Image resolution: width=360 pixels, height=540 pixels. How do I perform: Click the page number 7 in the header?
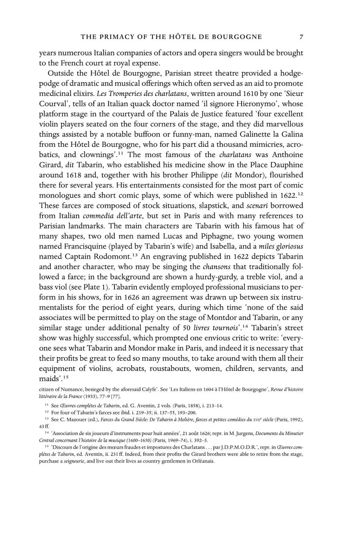pyautogui.click(x=301, y=37)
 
